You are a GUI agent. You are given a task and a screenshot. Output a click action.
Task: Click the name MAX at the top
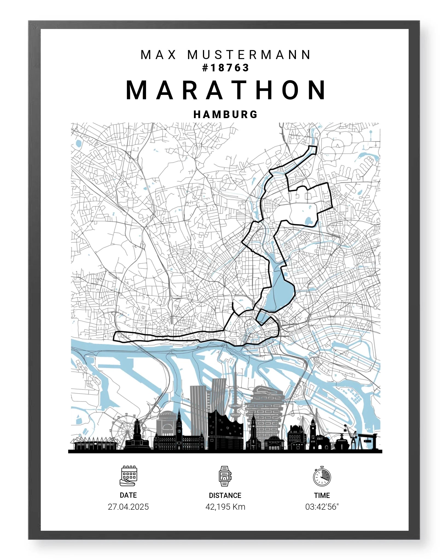[x=159, y=55]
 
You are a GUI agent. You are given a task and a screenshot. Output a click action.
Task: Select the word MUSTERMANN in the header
[x=249, y=55]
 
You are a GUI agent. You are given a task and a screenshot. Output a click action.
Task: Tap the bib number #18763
[x=226, y=68]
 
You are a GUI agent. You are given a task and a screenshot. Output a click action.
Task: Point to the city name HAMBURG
[x=226, y=114]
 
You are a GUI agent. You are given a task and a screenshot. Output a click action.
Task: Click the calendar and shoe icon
[x=128, y=476]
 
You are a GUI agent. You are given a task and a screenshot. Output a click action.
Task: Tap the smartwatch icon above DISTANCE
[x=225, y=476]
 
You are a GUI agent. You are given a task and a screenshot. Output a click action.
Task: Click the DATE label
[x=128, y=495]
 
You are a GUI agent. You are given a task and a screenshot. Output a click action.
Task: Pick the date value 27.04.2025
[x=128, y=507]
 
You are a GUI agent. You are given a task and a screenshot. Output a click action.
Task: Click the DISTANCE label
[x=225, y=495]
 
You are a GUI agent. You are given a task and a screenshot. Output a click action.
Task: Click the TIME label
[x=322, y=495]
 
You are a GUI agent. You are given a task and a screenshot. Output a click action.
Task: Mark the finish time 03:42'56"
[x=322, y=507]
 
